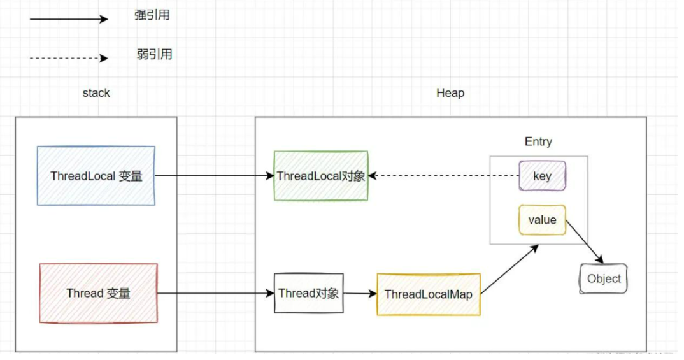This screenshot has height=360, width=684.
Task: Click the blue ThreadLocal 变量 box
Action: (96, 176)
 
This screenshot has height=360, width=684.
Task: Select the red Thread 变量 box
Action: (98, 293)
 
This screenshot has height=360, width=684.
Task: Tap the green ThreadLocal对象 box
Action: (321, 176)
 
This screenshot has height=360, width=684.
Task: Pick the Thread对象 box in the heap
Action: (309, 293)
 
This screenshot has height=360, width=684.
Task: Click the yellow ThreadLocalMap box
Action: (428, 294)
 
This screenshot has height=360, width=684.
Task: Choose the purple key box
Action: (543, 175)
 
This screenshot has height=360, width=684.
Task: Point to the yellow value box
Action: (542, 220)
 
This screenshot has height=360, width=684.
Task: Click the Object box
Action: (604, 278)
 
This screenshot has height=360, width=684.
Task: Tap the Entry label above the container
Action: (538, 141)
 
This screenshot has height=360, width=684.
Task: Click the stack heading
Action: (96, 93)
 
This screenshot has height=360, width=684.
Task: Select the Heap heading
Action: (450, 93)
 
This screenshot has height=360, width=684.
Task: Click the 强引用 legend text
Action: (152, 15)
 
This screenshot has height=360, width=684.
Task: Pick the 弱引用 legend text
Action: (154, 54)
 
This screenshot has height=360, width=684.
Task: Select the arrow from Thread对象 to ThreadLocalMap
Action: (360, 294)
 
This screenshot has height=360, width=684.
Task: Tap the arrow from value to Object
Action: (584, 241)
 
